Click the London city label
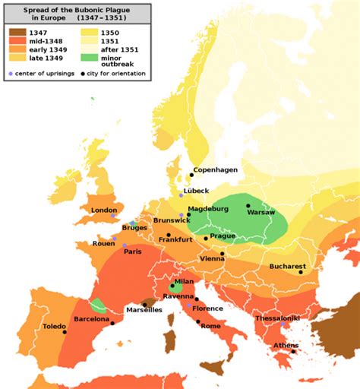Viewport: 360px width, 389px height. [104, 209]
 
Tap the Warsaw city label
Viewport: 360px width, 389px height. [258, 214]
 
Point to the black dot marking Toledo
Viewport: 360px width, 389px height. [65, 332]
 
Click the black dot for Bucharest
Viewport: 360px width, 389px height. [305, 274]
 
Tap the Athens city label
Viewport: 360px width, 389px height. [286, 345]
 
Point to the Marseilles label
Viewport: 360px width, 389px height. [144, 310]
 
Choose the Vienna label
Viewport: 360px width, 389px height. [210, 259]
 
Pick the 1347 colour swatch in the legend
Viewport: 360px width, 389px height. [17, 33]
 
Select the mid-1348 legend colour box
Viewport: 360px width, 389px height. [17, 41]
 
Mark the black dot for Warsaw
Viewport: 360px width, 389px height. [248, 206]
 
